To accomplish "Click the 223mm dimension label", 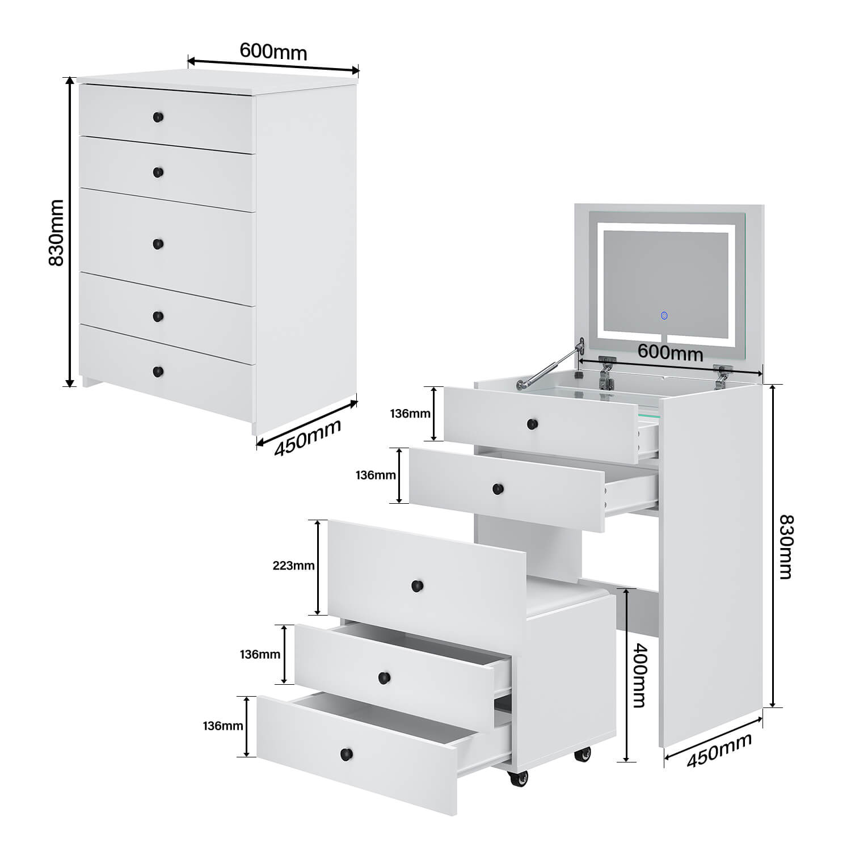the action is [x=293, y=566].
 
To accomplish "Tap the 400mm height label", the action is [x=639, y=675].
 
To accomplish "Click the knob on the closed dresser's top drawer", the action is [x=158, y=117].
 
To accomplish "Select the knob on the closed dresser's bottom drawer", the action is [x=158, y=372].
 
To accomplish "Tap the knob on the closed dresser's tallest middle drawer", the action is [x=158, y=244].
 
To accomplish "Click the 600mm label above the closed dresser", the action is [x=273, y=51].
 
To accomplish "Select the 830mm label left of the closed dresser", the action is [x=56, y=233].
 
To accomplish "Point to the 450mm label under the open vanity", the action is [x=719, y=750].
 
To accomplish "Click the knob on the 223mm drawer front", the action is [x=418, y=585].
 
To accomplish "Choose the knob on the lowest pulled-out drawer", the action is [x=346, y=754].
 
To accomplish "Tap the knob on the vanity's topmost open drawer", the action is [x=532, y=424].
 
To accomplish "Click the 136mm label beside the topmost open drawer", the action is [x=410, y=414].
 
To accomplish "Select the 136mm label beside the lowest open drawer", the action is [x=223, y=726].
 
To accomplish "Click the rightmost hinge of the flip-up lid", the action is [x=722, y=376].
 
